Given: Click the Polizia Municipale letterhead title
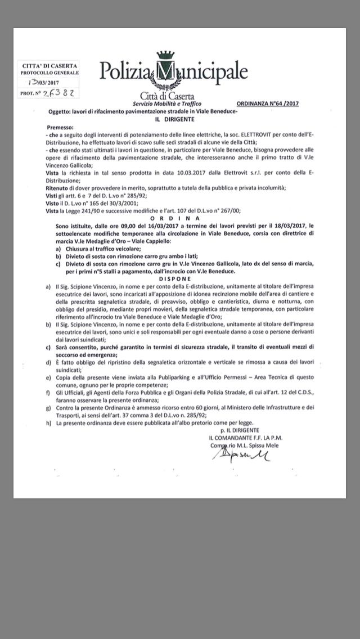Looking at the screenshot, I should [x=174, y=72].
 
